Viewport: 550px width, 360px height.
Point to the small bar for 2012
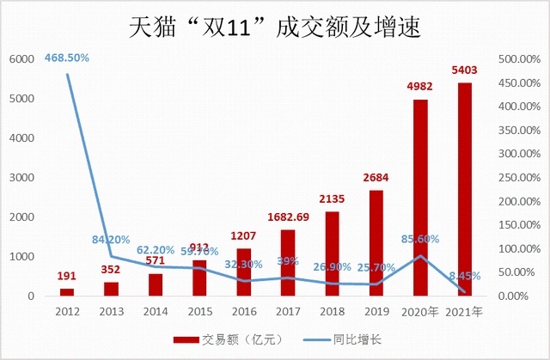66,292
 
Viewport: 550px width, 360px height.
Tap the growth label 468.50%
66,58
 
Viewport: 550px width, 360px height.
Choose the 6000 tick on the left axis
21,59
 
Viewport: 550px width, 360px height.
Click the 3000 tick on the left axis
21,178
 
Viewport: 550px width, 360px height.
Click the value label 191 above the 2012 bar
66,277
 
